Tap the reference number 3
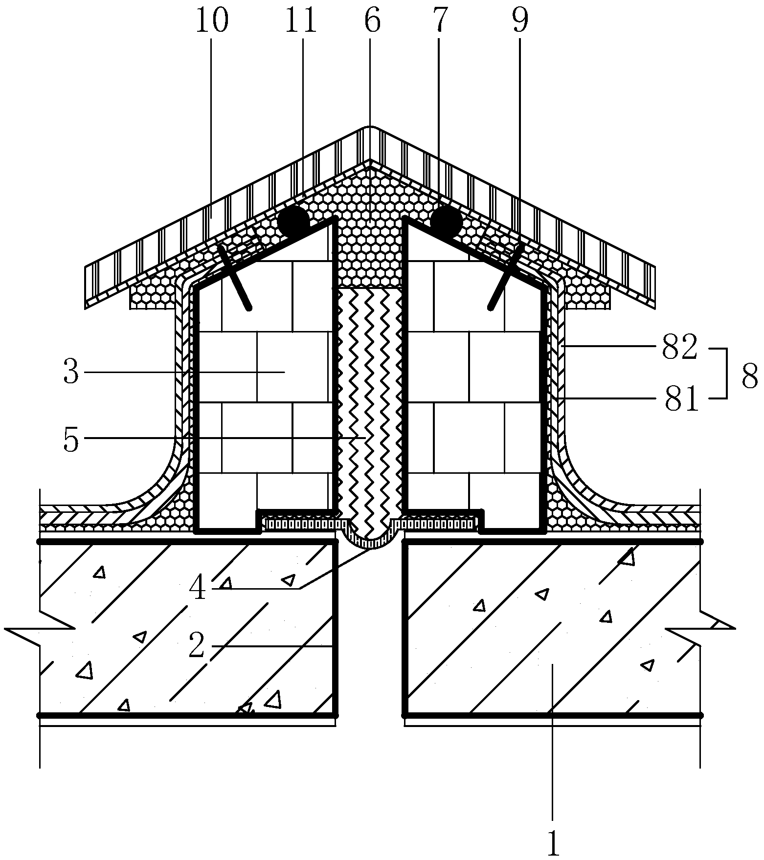[71, 372]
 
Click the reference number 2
[197, 646]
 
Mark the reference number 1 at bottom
[553, 842]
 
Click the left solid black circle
[293, 221]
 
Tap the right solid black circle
[446, 221]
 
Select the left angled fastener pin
[235, 277]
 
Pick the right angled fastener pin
[505, 277]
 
